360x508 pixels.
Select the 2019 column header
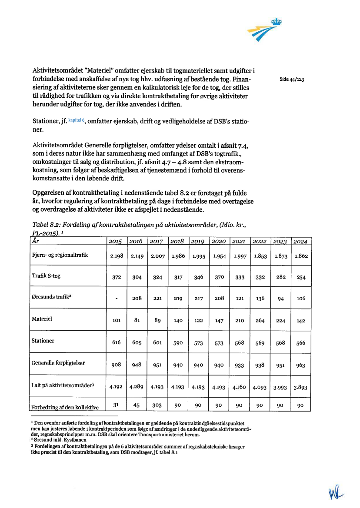click(x=198, y=241)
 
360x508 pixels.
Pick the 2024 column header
click(x=300, y=241)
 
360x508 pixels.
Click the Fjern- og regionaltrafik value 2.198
click(x=117, y=256)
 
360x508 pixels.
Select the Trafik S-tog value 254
click(x=300, y=277)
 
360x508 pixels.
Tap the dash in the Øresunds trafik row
click(x=117, y=299)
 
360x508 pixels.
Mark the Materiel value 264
click(x=260, y=321)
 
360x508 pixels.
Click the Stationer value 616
click(x=117, y=343)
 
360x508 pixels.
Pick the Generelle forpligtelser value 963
click(x=300, y=365)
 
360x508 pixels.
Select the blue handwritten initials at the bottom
click(x=336, y=493)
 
